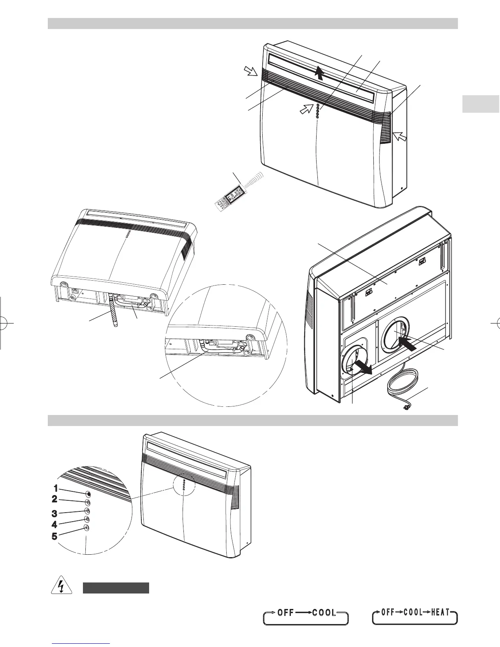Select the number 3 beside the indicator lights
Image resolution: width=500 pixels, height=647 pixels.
[x=55, y=513]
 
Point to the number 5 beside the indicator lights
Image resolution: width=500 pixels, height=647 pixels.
[x=55, y=536]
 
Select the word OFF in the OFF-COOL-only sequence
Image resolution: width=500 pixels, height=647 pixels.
[x=286, y=613]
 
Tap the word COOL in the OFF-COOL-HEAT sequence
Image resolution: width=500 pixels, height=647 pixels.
[x=409, y=613]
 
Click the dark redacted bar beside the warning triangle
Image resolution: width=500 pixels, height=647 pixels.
[x=116, y=588]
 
